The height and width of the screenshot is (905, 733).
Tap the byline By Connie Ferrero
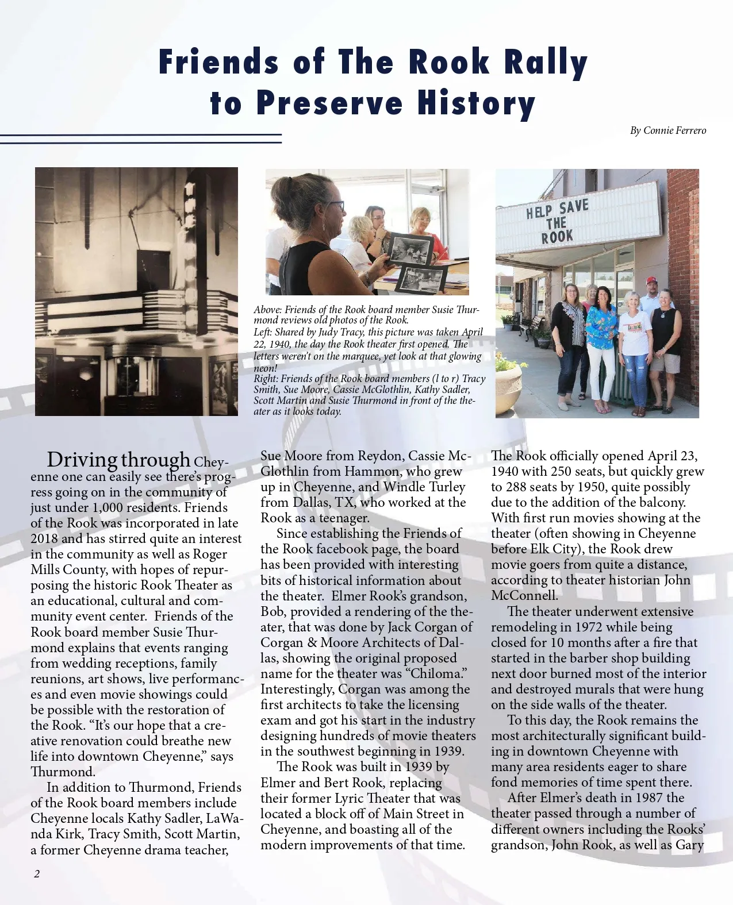[668, 130]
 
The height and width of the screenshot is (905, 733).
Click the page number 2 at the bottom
[37, 874]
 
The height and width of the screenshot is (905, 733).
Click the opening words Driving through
[118, 460]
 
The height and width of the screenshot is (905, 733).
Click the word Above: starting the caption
[267, 310]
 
